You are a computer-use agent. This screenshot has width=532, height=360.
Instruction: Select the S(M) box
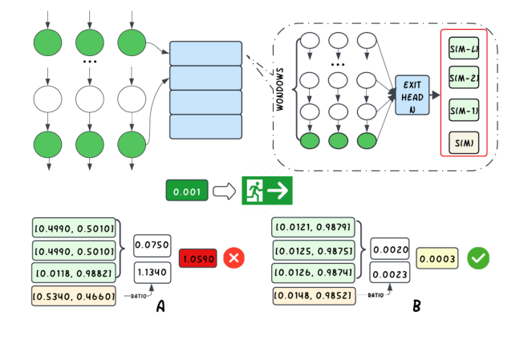coord(465,142)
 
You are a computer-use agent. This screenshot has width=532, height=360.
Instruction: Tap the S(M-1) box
coord(465,110)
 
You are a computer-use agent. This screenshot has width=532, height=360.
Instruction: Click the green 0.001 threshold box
coord(187,191)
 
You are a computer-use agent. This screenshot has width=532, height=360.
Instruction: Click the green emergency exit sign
coord(267,191)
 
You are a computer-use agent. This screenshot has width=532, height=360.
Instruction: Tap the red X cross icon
coord(234,258)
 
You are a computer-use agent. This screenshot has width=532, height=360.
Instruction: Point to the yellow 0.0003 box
coord(437,258)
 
